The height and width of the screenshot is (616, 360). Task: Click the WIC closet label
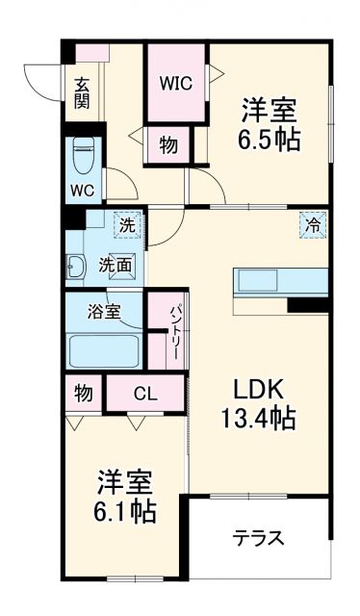tap(176, 83)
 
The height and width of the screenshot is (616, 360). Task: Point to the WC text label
tap(81, 190)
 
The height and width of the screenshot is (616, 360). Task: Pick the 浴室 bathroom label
tap(104, 312)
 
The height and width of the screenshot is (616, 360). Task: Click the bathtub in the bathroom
tap(103, 348)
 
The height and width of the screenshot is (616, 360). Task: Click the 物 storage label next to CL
tap(83, 393)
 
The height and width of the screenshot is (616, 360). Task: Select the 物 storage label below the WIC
tap(168, 145)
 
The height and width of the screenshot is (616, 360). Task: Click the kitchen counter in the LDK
tap(279, 281)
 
